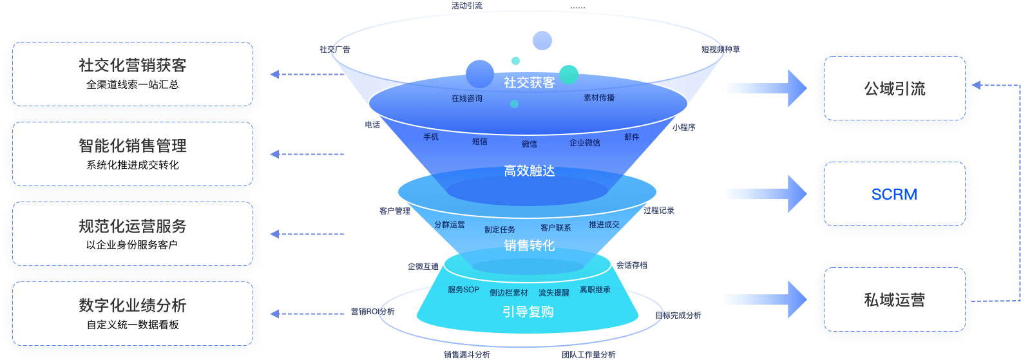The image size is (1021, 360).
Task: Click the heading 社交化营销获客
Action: [x=133, y=65]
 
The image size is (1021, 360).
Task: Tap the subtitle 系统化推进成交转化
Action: [x=133, y=165]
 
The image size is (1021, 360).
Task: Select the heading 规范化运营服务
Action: [x=133, y=226]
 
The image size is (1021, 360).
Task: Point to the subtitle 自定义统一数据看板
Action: [x=133, y=325]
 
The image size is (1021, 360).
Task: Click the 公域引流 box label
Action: [x=895, y=89]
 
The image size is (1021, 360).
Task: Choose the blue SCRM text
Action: [x=894, y=194]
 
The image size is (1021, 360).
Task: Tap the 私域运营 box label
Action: [x=895, y=300]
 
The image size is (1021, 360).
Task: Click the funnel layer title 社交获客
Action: [x=529, y=82]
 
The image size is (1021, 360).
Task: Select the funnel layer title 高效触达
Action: [x=529, y=171]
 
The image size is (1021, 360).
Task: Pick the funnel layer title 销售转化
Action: [x=529, y=245]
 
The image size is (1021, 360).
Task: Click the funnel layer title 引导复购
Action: [x=528, y=312]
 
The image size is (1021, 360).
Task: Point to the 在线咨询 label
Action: [x=467, y=99]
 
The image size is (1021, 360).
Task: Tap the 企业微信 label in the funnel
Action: [x=585, y=143]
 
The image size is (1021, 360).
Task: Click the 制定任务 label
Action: [x=500, y=230]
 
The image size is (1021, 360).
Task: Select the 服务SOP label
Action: [x=464, y=290]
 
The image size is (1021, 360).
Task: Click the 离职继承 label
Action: [x=595, y=290]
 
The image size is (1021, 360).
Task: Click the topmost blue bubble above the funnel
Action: [x=542, y=40]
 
